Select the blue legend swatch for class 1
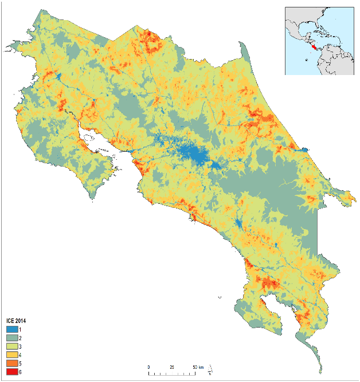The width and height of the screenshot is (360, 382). click(11, 329)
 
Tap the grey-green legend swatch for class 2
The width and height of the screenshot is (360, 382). click(11, 338)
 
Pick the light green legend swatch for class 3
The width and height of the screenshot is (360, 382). click(11, 346)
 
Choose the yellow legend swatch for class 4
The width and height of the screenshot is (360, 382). click(11, 355)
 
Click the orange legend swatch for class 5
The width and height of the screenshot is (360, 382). click(11, 364)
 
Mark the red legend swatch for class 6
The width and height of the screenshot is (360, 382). click(11, 372)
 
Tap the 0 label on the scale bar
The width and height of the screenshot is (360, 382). click(149, 367)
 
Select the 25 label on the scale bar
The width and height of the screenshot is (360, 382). click(171, 367)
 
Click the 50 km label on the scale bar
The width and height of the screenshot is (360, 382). click(197, 367)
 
